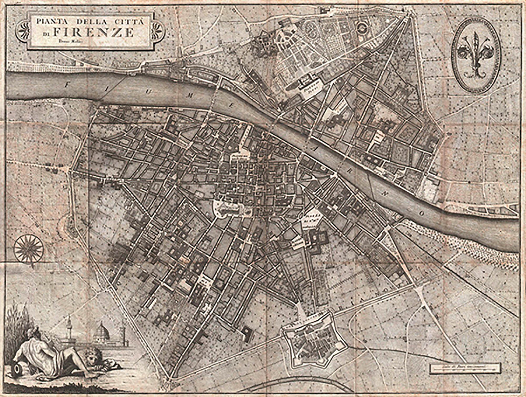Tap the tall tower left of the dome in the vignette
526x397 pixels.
point(69,327)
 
